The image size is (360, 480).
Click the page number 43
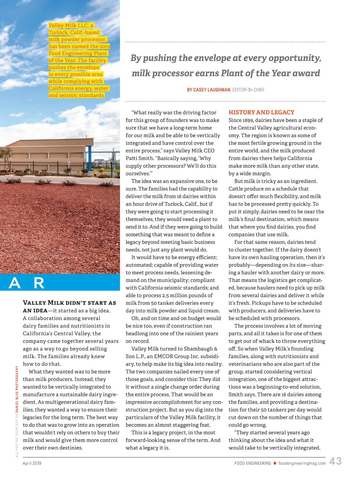coord(335,461)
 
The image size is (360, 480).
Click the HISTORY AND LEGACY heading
coord(261,112)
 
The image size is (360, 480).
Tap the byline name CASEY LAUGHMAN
coord(209,90)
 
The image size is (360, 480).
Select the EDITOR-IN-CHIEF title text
coord(249,90)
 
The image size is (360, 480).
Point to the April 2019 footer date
coord(32,463)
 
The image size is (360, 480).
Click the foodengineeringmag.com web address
coord(302,463)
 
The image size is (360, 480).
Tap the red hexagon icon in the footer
coord(275,463)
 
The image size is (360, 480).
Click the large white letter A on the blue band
coord(15,283)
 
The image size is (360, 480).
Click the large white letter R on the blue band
coord(39,283)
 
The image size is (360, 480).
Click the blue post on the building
coord(89,157)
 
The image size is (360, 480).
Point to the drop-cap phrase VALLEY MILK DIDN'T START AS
coord(69,303)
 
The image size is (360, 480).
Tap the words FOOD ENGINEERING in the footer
coord(253,463)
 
